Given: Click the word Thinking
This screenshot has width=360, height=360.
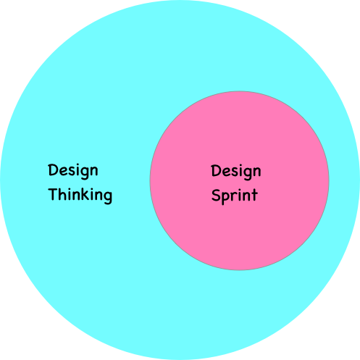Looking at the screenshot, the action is [x=80, y=196].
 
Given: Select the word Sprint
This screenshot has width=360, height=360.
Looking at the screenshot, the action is [x=235, y=196].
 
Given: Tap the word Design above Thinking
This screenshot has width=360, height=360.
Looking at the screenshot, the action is [x=73, y=171].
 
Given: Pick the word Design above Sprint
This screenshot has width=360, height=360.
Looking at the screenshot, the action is [x=236, y=172].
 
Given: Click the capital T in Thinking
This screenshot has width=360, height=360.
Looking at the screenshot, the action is [x=53, y=194].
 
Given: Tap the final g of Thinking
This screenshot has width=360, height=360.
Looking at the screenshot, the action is [x=107, y=197].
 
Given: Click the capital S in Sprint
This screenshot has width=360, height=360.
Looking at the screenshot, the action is [x=216, y=195].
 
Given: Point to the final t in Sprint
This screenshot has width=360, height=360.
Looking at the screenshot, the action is [x=254, y=195].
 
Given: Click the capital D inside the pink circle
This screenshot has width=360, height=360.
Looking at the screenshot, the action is [x=217, y=170].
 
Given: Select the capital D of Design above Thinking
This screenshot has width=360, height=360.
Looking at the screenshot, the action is [x=54, y=169].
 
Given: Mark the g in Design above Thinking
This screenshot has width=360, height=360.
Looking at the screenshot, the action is [x=85, y=173].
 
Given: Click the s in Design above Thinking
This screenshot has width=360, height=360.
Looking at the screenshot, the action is [x=72, y=171].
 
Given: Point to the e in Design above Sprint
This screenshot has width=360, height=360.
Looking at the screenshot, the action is [x=227, y=172].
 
